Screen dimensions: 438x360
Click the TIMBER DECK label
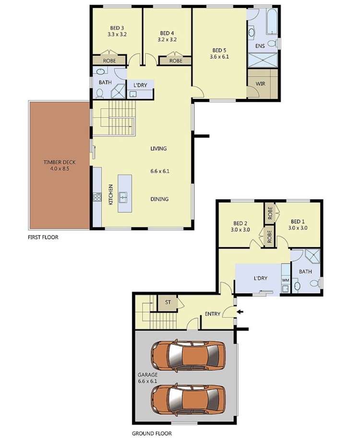coord(60,162)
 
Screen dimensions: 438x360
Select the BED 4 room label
coord(167,33)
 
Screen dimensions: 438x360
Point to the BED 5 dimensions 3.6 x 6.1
coord(219,57)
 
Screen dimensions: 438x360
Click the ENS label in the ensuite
coord(260,46)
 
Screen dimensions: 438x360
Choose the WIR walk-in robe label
coord(261,83)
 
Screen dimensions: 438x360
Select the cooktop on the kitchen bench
coord(97,196)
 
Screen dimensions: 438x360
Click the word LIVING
coord(158,149)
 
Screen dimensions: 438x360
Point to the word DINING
coord(159,199)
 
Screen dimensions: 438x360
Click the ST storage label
coord(168,302)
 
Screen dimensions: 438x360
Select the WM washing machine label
coord(285,280)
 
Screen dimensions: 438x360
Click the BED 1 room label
coord(298,222)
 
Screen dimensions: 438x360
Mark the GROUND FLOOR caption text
coord(152,433)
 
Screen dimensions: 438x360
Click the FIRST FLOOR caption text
coord(43,237)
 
